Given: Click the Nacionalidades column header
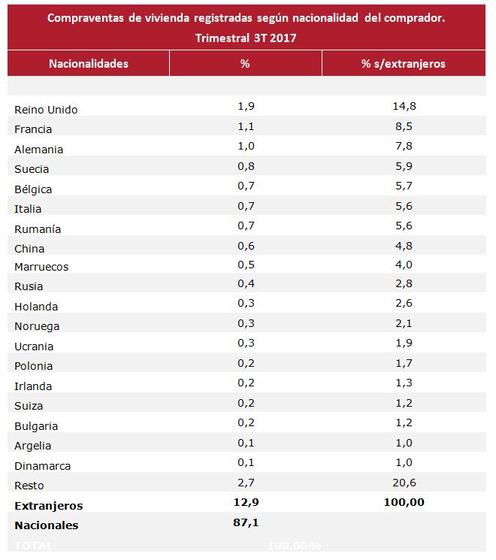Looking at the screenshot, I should [89, 63].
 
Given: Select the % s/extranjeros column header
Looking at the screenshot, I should [403, 63].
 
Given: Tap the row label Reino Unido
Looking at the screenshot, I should [46, 110].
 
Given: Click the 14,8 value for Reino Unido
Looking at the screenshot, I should [404, 106].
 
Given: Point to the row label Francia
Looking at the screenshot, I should [34, 129].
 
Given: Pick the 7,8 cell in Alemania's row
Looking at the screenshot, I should [404, 146].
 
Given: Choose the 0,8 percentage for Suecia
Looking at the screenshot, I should [245, 166].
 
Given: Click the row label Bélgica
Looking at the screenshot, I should [33, 189].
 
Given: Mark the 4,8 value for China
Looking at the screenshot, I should [404, 246].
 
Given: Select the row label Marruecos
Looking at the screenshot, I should [41, 267].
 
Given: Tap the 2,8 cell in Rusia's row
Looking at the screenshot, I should [404, 286].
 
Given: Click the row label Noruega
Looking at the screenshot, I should [37, 326].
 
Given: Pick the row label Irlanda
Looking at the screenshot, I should [33, 386].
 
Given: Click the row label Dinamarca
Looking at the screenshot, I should [41, 466].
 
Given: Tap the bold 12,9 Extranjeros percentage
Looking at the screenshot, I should [245, 502].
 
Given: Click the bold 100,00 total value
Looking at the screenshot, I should [404, 502].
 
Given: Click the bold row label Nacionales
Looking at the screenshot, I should [46, 525].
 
